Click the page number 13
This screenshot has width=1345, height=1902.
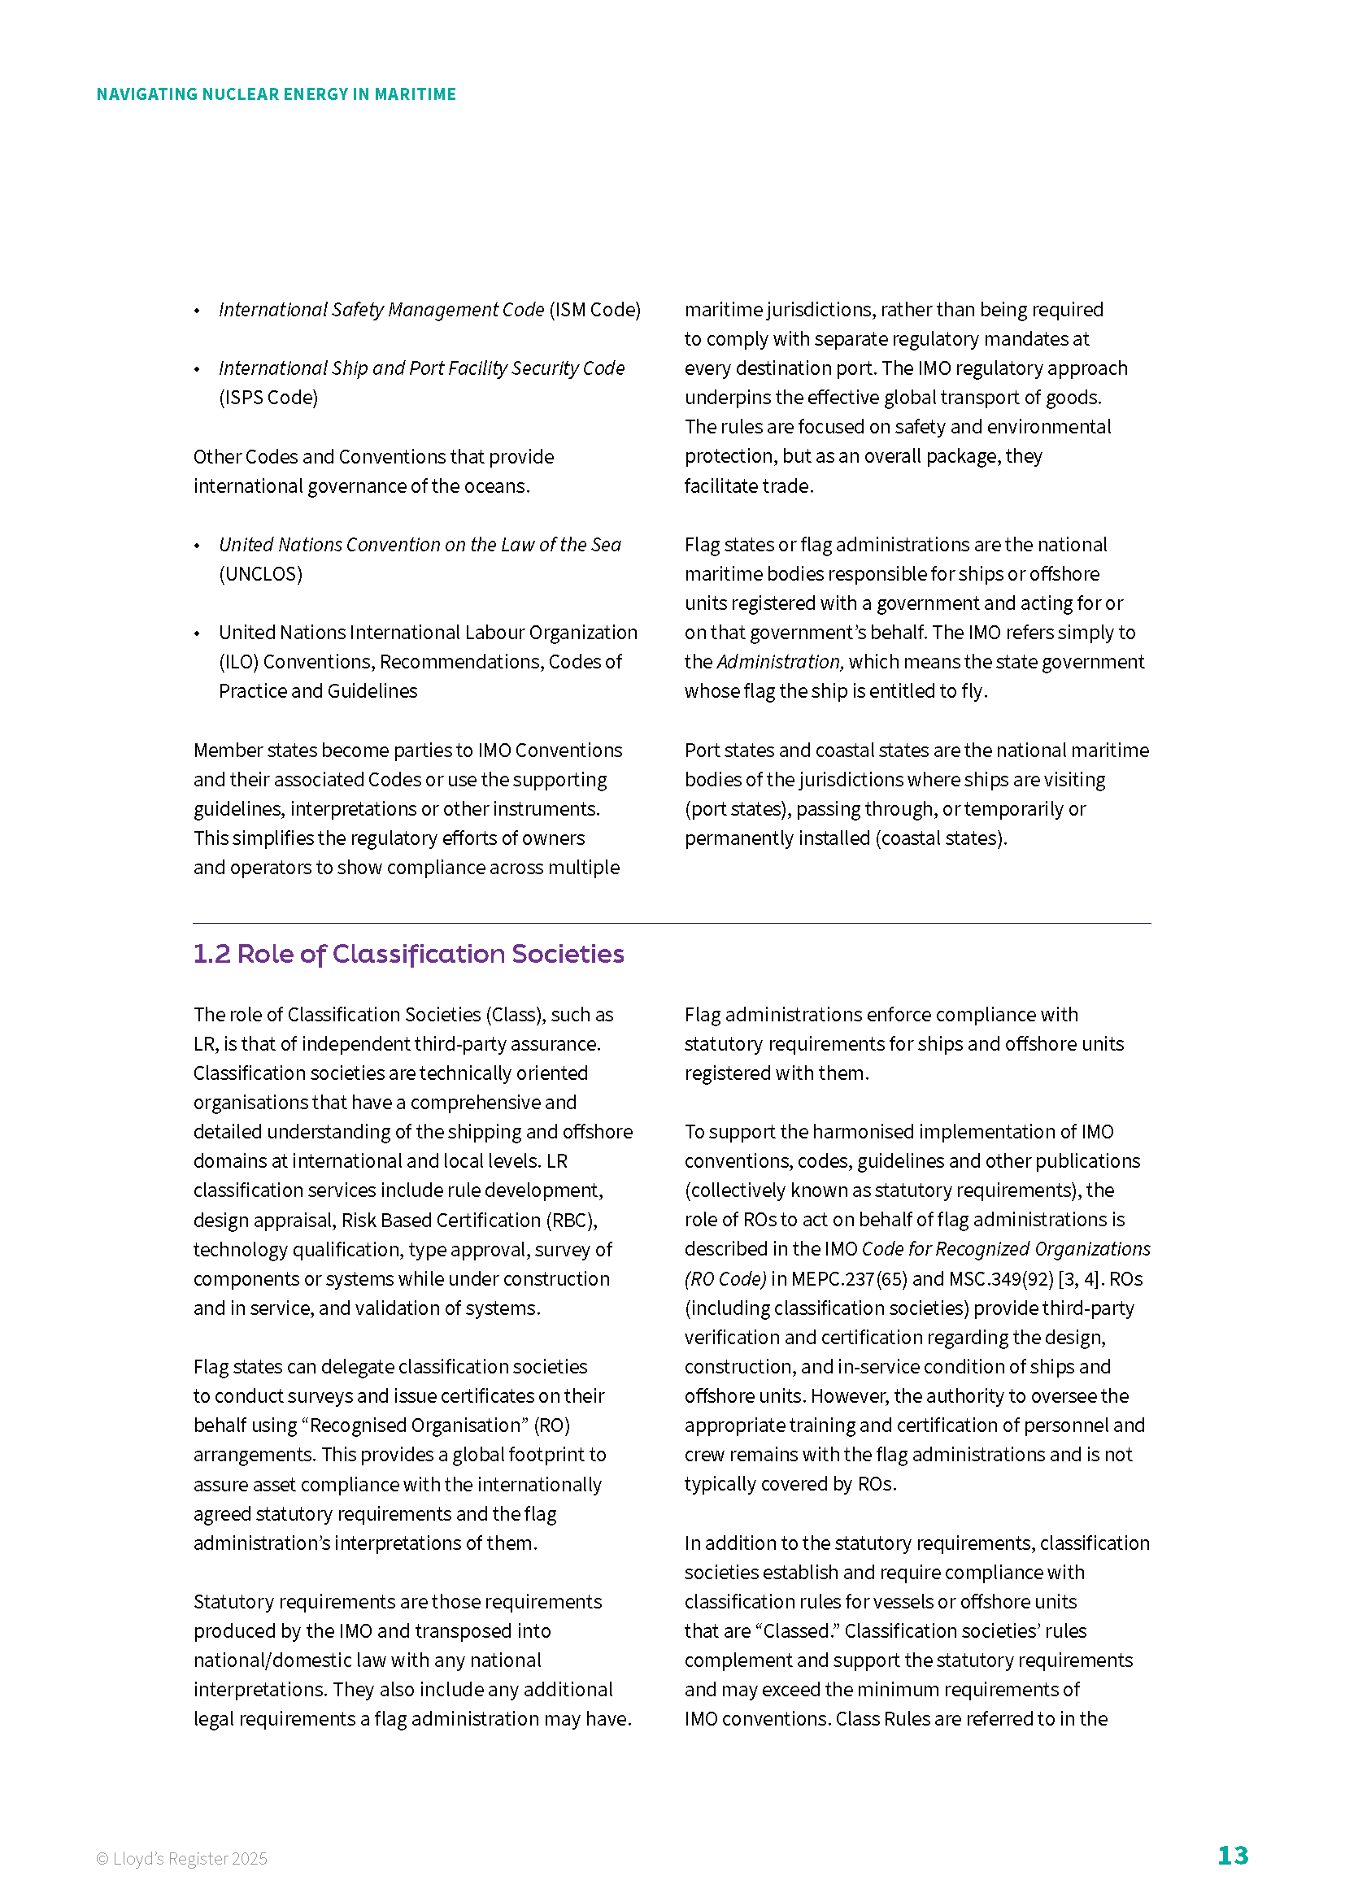click(1231, 1856)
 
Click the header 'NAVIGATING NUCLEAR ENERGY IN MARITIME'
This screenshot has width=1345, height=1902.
click(276, 94)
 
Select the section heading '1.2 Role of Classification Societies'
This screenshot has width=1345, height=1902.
click(408, 954)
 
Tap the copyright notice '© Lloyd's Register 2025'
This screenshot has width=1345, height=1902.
click(181, 1859)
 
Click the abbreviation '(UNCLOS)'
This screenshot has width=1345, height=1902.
click(261, 574)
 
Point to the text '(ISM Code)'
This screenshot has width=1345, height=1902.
click(594, 310)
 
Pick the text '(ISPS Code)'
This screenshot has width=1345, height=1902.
click(268, 398)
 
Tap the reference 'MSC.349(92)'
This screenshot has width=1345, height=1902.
click(1001, 1279)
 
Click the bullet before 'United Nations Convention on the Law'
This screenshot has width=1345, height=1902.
click(197, 546)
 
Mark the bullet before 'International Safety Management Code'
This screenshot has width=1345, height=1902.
click(197, 311)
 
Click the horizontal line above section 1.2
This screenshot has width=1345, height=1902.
click(672, 923)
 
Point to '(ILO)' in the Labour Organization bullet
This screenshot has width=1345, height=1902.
click(238, 662)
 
